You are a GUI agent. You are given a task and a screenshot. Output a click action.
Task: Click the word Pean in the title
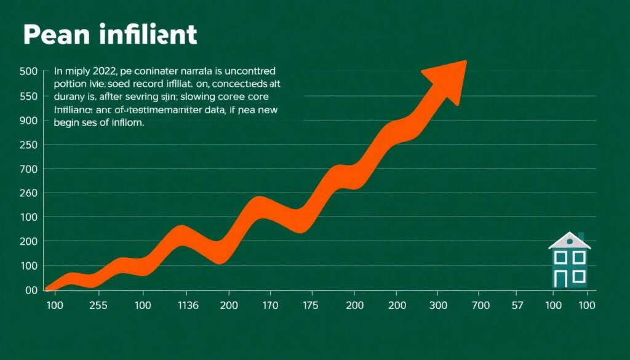(56, 35)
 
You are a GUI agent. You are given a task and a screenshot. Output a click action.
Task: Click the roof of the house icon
(568, 241)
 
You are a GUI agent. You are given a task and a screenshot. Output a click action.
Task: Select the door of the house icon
(560, 278)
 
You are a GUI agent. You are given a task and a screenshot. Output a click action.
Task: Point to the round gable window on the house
(569, 241)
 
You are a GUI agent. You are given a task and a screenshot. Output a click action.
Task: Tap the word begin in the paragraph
(67, 122)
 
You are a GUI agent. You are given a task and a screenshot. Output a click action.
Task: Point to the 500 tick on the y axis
(29, 71)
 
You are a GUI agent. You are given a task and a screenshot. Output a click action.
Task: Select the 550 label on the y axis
(29, 96)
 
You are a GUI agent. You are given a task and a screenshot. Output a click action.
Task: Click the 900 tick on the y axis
(29, 121)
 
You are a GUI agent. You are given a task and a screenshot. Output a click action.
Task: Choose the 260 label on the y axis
(29, 193)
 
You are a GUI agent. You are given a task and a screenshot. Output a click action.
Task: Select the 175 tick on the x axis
(311, 306)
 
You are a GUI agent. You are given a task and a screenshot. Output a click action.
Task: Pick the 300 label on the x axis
(437, 306)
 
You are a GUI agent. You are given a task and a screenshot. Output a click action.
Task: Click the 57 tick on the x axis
(518, 306)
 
